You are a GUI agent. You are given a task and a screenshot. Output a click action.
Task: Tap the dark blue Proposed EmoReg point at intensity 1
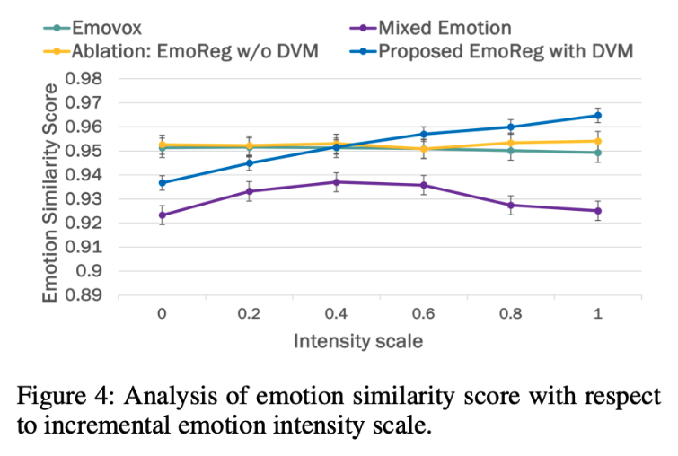(598, 116)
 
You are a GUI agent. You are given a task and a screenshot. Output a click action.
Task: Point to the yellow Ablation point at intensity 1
(598, 141)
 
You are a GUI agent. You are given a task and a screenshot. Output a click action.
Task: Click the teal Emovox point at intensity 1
(598, 153)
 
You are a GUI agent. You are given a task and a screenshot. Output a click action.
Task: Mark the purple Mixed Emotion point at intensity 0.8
(511, 206)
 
